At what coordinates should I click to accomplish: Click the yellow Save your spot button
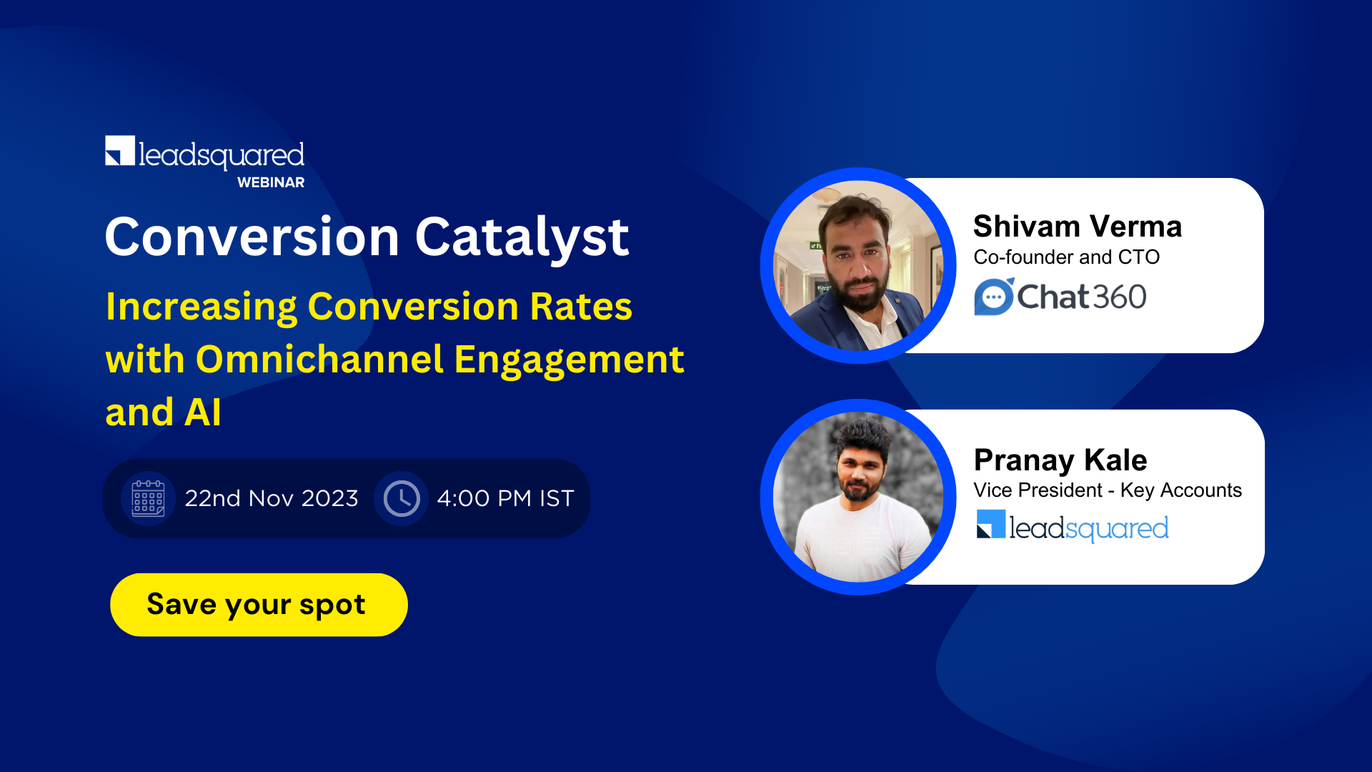click(x=259, y=605)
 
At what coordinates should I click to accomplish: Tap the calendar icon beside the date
click(x=148, y=498)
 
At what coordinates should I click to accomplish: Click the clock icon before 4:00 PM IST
click(x=402, y=498)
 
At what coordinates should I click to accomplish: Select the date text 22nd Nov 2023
click(x=271, y=498)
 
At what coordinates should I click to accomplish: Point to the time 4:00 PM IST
click(x=505, y=498)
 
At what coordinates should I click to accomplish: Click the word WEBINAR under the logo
click(x=271, y=183)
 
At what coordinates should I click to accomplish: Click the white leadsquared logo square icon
click(x=120, y=151)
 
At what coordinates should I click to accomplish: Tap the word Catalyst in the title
click(x=522, y=237)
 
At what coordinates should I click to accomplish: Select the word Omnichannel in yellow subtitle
click(x=319, y=360)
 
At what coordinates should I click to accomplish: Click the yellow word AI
click(x=203, y=412)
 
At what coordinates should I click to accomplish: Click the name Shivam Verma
click(x=1077, y=227)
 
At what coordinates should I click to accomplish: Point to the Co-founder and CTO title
click(x=1066, y=257)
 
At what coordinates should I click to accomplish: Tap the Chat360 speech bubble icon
click(x=993, y=297)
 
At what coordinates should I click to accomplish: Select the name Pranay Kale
click(x=1060, y=460)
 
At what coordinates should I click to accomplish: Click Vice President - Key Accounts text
click(x=1107, y=490)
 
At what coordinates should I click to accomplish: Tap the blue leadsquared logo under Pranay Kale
click(x=1072, y=528)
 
